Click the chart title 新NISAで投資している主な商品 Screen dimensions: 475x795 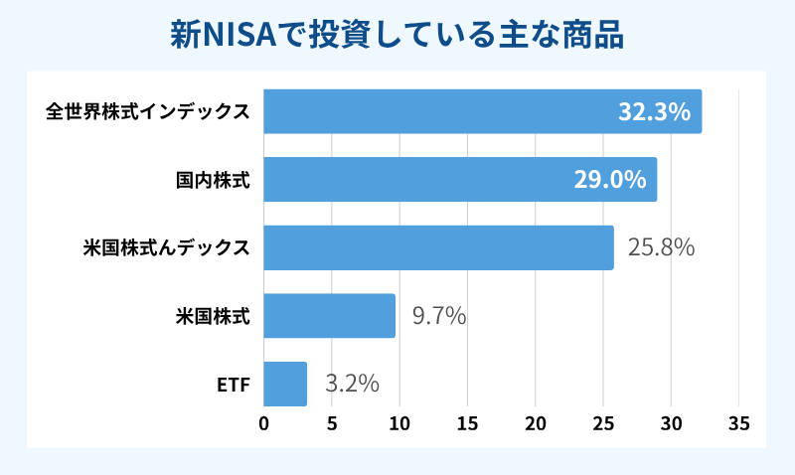click(x=397, y=35)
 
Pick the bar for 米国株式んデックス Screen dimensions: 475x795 click(x=437, y=247)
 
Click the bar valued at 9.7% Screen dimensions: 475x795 click(x=329, y=316)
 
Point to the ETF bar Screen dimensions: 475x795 click(x=285, y=384)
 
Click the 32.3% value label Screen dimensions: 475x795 click(x=654, y=111)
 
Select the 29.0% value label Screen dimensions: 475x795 click(x=610, y=180)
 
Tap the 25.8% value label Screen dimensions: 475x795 click(x=660, y=247)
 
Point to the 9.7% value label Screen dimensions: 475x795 click(x=438, y=316)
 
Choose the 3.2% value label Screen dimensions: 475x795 click(x=352, y=384)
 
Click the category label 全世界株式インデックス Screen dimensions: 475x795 click(x=147, y=111)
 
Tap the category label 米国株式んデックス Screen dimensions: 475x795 click(x=166, y=247)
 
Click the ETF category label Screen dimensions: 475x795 click(x=233, y=384)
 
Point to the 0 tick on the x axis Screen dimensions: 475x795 click(x=263, y=423)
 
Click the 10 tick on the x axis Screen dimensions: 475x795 click(x=399, y=423)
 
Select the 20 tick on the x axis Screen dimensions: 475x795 click(x=535, y=423)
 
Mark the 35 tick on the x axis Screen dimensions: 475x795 click(x=738, y=423)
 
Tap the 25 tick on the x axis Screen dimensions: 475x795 click(x=603, y=423)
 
